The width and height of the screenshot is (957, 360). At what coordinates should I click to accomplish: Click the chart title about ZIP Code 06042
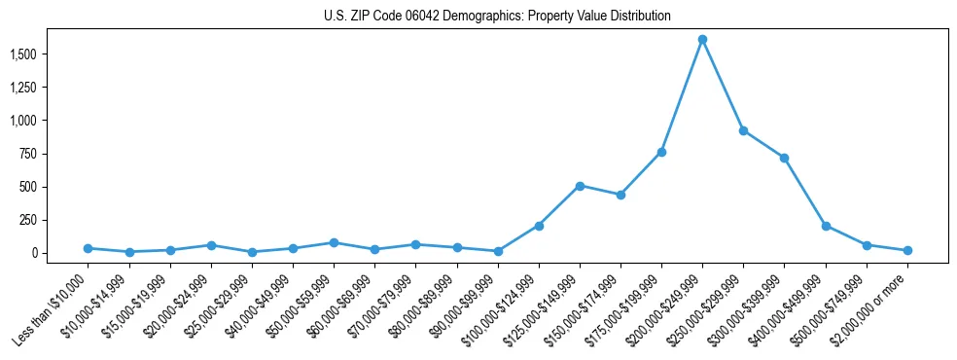click(x=497, y=17)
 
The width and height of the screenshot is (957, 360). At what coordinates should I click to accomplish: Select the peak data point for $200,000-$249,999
click(x=702, y=39)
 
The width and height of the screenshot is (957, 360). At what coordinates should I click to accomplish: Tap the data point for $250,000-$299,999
click(x=743, y=130)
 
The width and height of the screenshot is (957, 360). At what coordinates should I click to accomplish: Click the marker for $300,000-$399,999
click(x=784, y=158)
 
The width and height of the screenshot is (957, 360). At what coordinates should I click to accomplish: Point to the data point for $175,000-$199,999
click(x=661, y=152)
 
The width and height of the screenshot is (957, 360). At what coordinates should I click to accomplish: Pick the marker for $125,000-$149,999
click(x=580, y=185)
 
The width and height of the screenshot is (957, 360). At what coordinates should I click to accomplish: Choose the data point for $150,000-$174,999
click(x=620, y=195)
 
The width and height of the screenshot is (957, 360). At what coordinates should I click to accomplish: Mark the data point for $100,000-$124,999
click(x=539, y=226)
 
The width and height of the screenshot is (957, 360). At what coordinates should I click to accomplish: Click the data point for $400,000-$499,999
click(x=826, y=226)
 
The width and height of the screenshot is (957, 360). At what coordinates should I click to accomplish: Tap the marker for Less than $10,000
click(x=89, y=248)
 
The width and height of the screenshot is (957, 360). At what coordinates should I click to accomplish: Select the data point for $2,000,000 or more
click(x=907, y=250)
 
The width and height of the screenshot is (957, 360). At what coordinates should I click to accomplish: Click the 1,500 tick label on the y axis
click(x=21, y=54)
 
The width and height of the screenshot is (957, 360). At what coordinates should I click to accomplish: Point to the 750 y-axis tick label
click(x=27, y=154)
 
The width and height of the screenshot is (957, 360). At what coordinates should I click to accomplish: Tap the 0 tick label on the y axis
click(x=34, y=253)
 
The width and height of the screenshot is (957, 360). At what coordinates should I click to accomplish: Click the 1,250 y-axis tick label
click(x=21, y=88)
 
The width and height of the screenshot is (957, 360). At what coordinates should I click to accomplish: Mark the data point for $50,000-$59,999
click(x=334, y=242)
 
